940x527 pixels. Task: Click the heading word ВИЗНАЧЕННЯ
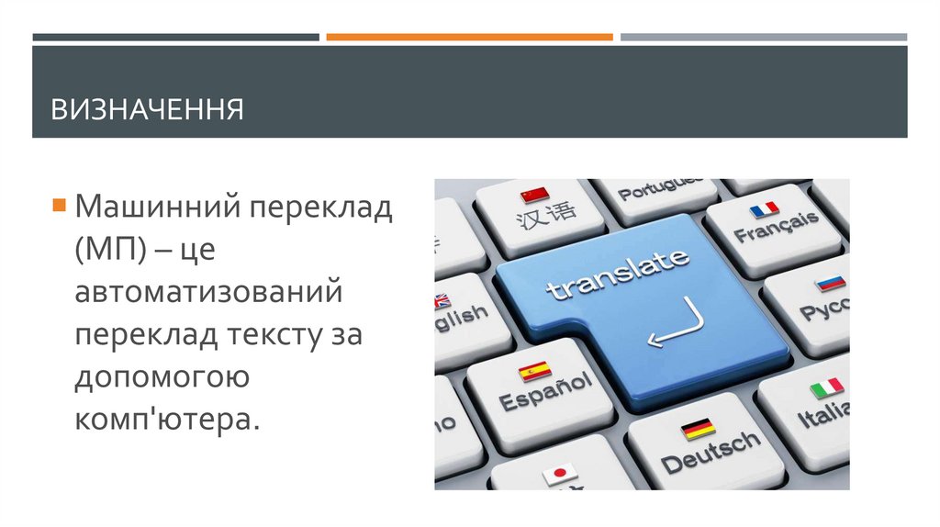(147, 110)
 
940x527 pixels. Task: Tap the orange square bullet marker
(59, 203)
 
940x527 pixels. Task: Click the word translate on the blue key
(617, 273)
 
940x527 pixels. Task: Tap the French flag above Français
(764, 209)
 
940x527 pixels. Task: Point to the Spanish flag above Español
(534, 371)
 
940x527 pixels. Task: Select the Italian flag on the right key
(826, 388)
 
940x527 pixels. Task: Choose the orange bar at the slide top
(469, 38)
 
